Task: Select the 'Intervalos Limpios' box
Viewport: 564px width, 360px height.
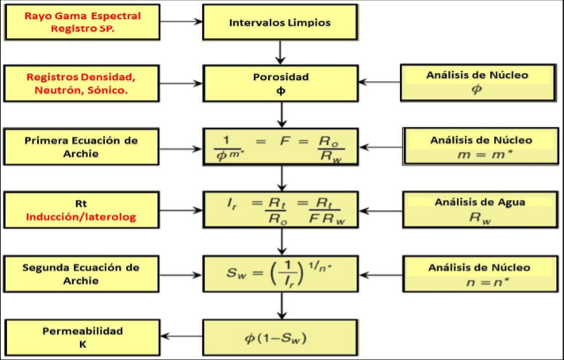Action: (x=279, y=22)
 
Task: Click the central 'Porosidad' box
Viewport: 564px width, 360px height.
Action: (x=279, y=83)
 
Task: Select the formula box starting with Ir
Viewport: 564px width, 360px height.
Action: (x=279, y=210)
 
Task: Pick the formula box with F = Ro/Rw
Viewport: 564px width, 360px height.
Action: (x=279, y=147)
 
